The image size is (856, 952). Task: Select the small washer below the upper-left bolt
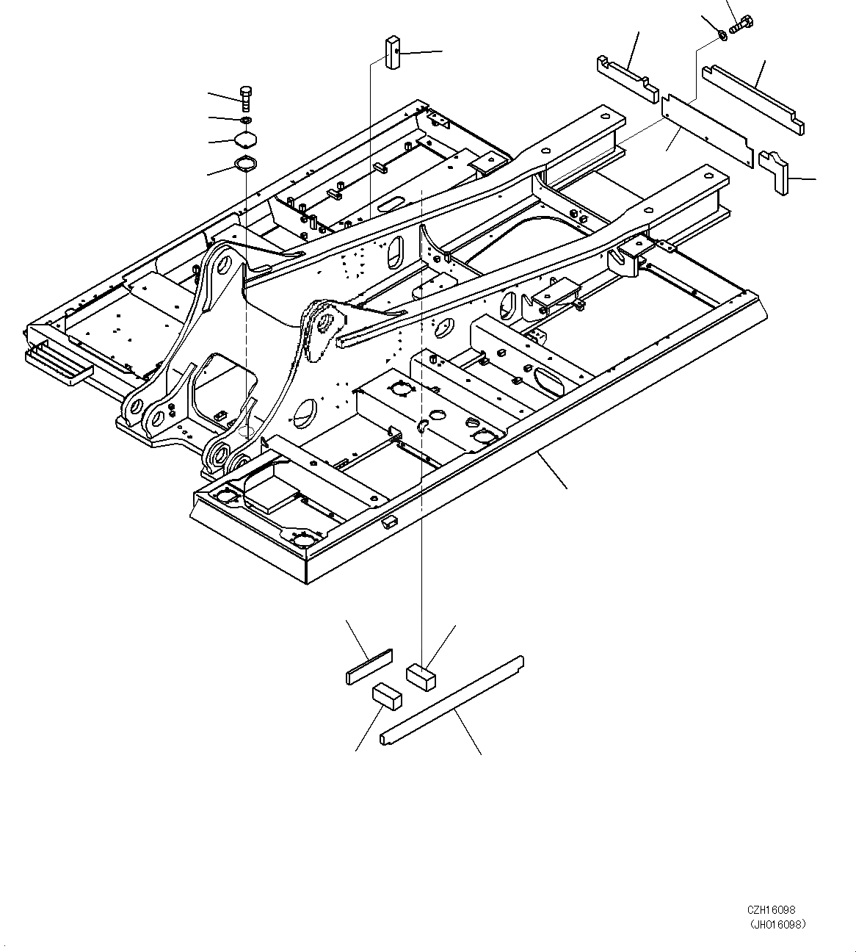(x=246, y=120)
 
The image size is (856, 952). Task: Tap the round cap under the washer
(x=245, y=140)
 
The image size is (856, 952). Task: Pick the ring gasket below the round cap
(x=244, y=164)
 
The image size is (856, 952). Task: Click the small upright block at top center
(x=391, y=52)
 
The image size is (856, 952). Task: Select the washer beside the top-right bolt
(x=722, y=34)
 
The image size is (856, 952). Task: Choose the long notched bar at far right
(x=753, y=98)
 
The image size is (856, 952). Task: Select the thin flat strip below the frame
(x=369, y=666)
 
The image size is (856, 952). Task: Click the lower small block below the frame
(x=388, y=696)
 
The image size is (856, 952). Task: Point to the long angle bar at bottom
(x=451, y=701)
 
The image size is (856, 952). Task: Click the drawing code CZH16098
(x=772, y=909)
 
